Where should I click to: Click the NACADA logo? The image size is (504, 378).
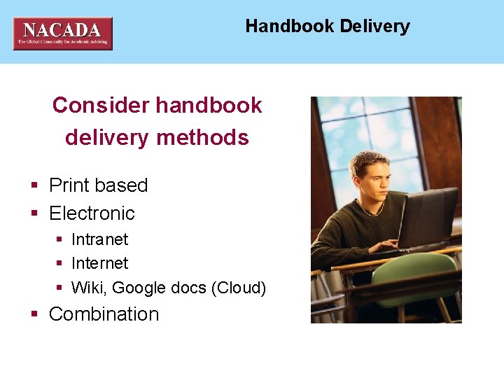[x=62, y=33]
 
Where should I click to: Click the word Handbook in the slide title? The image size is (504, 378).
[x=290, y=27]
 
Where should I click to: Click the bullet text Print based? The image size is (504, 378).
[x=98, y=185]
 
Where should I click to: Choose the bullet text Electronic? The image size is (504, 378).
[x=92, y=213]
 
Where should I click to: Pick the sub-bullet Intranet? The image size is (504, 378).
[x=100, y=239]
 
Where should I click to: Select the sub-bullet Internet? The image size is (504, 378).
[x=100, y=263]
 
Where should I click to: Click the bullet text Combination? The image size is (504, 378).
[x=104, y=314]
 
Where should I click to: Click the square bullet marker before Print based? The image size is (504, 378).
[x=34, y=186]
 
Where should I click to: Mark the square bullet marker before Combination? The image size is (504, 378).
[x=34, y=315]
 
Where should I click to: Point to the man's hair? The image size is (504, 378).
[x=368, y=162]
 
